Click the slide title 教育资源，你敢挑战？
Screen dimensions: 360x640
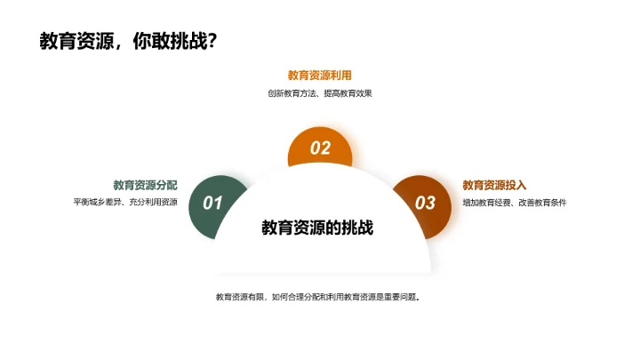point(128,42)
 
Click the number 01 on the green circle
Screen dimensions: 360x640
point(212,204)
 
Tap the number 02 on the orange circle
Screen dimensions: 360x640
point(320,148)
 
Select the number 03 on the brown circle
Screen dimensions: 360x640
point(426,204)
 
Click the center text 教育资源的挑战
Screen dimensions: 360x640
point(317,228)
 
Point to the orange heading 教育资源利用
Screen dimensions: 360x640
point(319,76)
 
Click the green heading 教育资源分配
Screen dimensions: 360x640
point(145,185)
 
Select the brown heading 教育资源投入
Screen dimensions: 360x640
point(495,185)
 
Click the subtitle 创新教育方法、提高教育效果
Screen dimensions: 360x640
point(319,93)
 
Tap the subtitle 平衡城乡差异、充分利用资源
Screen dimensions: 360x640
point(125,203)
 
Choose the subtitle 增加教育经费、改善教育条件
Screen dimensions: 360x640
point(515,203)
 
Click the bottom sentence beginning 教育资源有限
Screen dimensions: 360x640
point(317,297)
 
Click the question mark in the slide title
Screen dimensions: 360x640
point(212,42)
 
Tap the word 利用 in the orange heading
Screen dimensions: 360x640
point(340,76)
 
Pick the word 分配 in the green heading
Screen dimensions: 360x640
point(166,185)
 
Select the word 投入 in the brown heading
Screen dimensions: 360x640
point(516,185)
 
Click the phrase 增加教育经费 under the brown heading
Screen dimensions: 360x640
point(486,203)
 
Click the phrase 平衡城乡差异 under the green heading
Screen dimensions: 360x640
point(97,203)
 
